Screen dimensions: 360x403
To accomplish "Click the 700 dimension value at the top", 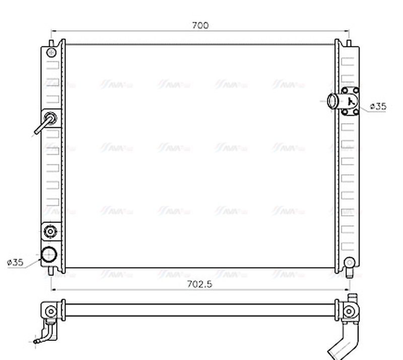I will click(200, 25).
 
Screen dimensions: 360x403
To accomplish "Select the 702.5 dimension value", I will click(200, 284).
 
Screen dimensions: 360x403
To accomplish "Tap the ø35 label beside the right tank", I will click(378, 106).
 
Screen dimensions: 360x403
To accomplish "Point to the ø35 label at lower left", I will click(15, 262).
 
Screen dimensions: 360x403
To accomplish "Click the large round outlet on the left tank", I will click(49, 255).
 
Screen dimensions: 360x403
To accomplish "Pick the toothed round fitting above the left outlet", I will click(50, 231).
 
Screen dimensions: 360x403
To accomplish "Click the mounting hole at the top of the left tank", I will click(50, 52).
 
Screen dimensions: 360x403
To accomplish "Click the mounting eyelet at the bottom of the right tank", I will click(350, 262).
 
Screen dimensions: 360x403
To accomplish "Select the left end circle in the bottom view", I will click(49, 310).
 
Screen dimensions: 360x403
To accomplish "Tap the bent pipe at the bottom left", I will click(47, 335).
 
